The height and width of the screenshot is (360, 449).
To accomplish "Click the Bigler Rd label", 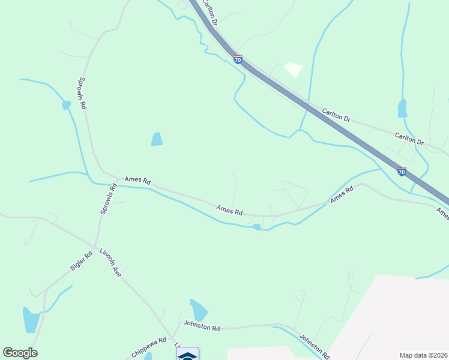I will (x=81, y=261).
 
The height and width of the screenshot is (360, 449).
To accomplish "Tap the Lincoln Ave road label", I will (x=110, y=262).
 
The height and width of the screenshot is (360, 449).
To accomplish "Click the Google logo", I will (x=20, y=353).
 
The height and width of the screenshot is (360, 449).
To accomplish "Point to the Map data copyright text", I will (x=423, y=355).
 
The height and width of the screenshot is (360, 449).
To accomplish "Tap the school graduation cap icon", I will (x=187, y=355).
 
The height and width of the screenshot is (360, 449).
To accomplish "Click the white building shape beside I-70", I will (x=293, y=70).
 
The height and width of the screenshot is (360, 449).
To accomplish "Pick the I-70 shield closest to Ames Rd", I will (x=402, y=172).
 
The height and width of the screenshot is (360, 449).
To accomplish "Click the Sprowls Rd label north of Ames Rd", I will (x=83, y=92).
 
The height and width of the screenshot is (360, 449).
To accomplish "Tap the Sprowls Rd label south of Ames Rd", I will (x=107, y=200).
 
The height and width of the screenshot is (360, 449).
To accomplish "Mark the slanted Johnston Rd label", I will (x=315, y=346).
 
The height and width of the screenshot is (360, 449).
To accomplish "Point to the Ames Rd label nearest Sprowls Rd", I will (x=137, y=180).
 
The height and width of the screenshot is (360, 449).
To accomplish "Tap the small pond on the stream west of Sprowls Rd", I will (x=66, y=105).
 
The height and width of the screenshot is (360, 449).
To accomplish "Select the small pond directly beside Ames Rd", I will (x=257, y=227).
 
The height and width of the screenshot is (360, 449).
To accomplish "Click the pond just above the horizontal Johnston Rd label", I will (x=198, y=310).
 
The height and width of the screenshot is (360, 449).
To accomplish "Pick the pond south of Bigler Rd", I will (x=30, y=319).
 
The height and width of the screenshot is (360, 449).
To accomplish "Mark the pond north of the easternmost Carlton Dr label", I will (x=402, y=109).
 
